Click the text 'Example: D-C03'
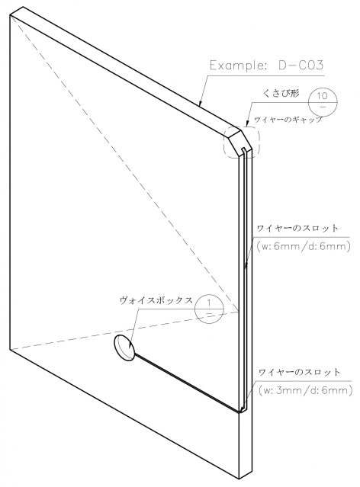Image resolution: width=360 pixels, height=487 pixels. coord(267,66)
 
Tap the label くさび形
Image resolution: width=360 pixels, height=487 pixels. coord(281,93)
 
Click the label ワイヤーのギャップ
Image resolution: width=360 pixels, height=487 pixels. coord(288,119)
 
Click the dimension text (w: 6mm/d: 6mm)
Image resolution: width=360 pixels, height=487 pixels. coord(304,246)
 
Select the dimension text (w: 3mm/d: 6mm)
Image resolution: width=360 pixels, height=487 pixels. coord(305,390)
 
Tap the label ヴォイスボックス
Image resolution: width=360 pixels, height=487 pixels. coord(156,300)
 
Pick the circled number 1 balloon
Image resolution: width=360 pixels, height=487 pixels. coord(209,309)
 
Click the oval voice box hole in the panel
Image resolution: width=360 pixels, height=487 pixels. coord(124,348)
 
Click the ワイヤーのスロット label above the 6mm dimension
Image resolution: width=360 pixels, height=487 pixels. coord(297,229)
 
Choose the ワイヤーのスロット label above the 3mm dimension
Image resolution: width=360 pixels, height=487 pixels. coord(299,372)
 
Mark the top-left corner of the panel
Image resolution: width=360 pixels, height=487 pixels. coord(10,15)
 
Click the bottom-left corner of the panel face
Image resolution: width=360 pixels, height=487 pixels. coord(10,349)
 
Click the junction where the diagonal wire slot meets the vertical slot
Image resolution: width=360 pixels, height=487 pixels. coord(241,412)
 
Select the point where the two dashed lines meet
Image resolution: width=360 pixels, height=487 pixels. coord(239,311)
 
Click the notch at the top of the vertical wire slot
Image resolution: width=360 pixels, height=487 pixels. coord(244,151)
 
